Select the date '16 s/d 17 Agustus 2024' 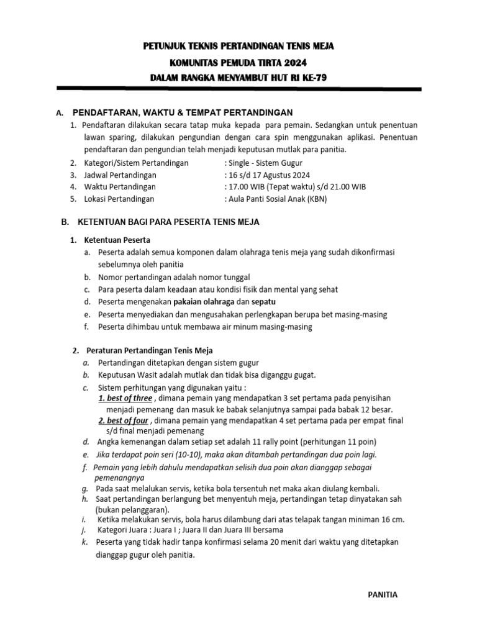(269, 175)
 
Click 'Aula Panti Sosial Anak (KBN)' (278, 199)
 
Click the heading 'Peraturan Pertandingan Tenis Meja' (150, 350)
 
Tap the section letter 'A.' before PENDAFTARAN (60, 113)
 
